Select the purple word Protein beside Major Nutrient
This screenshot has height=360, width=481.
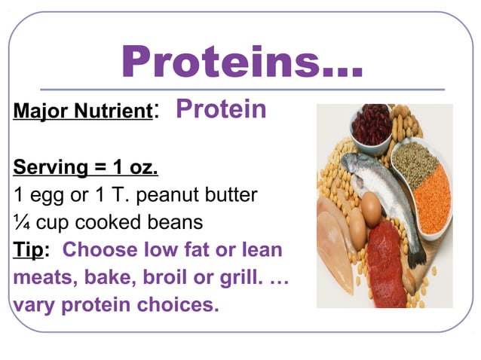(221, 110)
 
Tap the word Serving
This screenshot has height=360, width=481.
(47, 166)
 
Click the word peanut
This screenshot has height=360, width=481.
(167, 196)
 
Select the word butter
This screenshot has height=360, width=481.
(231, 195)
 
